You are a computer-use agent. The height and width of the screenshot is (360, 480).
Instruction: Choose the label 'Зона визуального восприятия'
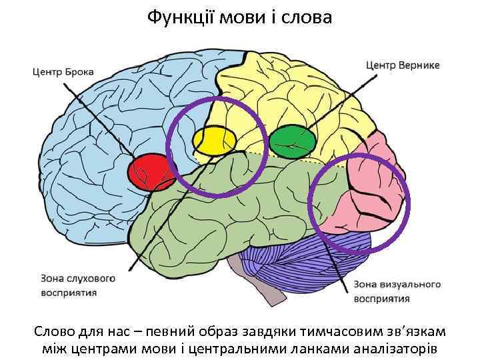[397, 291]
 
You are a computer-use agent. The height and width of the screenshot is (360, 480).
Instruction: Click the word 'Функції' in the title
[177, 17]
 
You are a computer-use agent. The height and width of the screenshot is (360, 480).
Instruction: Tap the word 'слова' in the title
[309, 17]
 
